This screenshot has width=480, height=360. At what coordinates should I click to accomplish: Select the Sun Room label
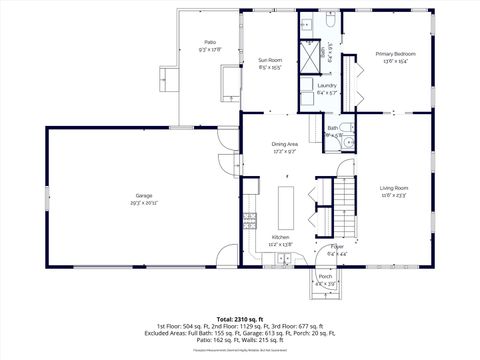pos(269,59)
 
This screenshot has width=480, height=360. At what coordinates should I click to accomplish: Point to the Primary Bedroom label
pos(395,53)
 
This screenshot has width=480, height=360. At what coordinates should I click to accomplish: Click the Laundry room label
pos(326,86)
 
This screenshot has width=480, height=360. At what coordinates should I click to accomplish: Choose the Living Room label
pos(394,187)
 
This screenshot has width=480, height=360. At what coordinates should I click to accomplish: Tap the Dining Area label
pos(286,144)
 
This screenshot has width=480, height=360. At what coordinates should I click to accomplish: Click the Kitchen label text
pos(279,237)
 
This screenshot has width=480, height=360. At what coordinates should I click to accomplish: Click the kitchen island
pos(285,207)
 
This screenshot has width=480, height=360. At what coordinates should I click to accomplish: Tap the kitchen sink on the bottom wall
pos(278,262)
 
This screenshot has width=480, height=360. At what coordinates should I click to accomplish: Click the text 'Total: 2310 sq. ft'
pos(239,319)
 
